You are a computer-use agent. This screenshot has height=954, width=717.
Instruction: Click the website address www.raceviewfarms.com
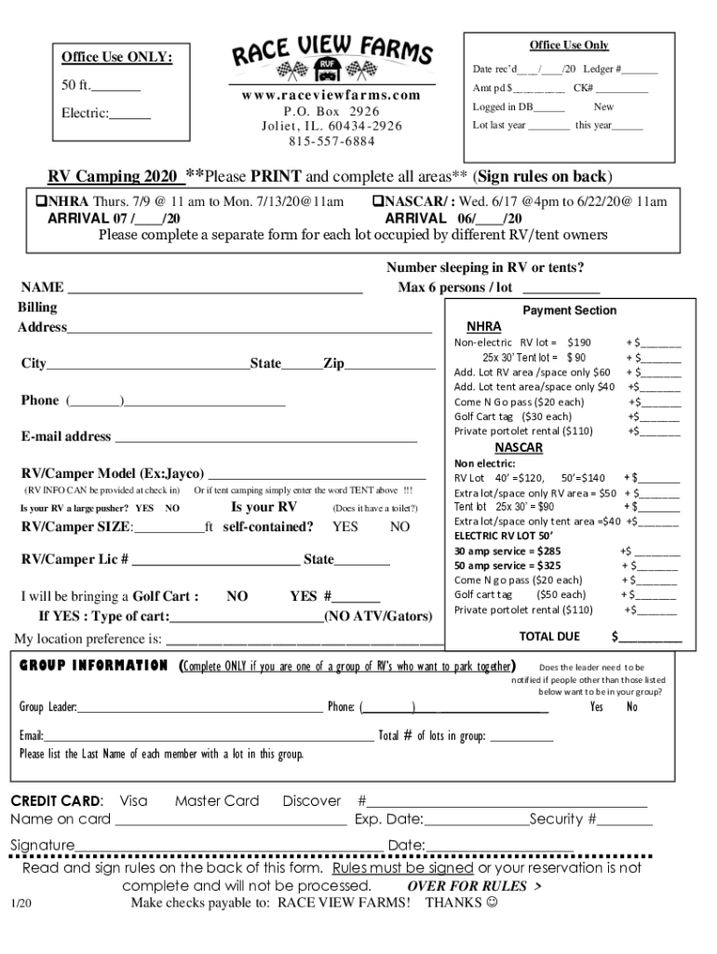(x=331, y=95)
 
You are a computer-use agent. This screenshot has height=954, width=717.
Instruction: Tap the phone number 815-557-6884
(x=331, y=141)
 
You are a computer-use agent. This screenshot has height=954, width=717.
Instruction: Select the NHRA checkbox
(x=41, y=202)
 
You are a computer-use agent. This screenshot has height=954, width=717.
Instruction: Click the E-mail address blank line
(x=265, y=438)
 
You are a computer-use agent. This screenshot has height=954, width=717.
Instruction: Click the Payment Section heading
(x=569, y=310)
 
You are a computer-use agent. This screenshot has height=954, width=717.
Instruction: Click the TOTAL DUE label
(x=549, y=636)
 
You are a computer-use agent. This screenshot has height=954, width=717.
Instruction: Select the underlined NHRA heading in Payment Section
(x=483, y=327)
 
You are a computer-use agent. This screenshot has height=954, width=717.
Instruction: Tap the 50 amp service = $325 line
(x=507, y=566)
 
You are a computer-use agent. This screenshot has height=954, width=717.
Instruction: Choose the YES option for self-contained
(x=345, y=526)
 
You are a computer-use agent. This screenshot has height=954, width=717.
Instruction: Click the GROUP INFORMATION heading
(x=94, y=666)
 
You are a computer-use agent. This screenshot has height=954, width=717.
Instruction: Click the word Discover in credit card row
(x=312, y=801)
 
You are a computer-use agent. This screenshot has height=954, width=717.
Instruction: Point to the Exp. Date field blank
(x=476, y=821)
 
